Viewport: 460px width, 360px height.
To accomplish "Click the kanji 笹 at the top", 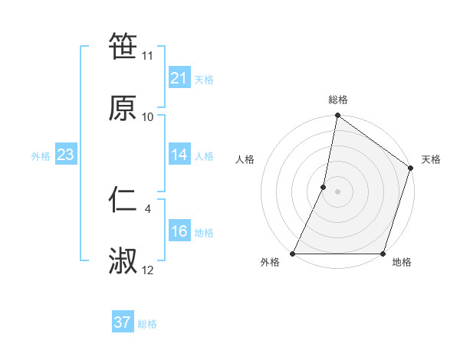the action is tap(123, 47).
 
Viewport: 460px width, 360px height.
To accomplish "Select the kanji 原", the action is tap(123, 108).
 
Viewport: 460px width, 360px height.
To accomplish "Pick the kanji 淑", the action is tap(123, 261).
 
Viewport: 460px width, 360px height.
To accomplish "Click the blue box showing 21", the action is tap(179, 78).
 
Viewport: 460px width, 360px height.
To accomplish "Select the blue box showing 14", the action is tap(179, 155).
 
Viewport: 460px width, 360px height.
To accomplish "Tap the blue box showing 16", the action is tap(179, 231).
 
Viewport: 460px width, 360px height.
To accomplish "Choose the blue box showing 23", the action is tap(66, 155).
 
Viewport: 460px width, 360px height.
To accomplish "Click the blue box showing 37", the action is tap(123, 322).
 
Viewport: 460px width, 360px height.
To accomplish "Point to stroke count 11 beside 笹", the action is tap(148, 56).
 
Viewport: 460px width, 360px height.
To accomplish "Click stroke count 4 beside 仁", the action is tap(148, 208).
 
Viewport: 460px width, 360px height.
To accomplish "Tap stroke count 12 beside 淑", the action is tap(148, 270).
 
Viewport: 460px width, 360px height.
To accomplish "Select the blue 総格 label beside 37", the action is tap(147, 324).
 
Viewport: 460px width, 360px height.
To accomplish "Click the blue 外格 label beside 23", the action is tap(41, 156).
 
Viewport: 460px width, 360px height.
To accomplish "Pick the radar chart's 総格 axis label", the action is tap(338, 100).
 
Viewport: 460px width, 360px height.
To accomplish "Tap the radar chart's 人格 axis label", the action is tap(245, 160).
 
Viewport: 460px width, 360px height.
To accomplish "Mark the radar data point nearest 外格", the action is tap(293, 254).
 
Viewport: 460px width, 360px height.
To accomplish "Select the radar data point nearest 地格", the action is tap(383, 254).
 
